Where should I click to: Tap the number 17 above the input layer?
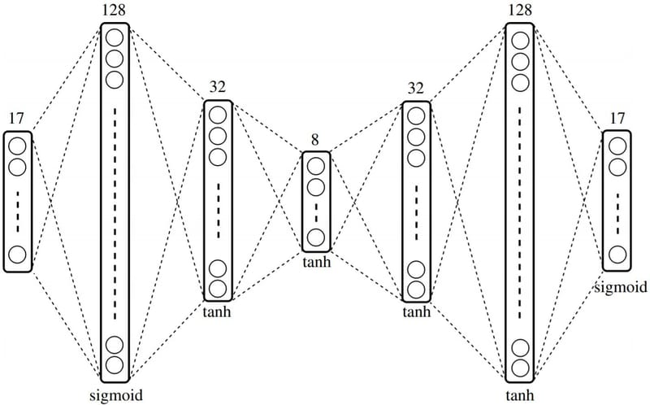pos(16,119)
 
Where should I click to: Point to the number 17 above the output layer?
pos(617,119)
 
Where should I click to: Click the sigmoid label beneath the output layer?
pos(621,286)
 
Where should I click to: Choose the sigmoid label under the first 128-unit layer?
pos(114,394)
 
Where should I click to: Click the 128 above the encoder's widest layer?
pos(115,11)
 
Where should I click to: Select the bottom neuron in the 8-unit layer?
pos(316,237)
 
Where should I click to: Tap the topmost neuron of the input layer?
pos(17,146)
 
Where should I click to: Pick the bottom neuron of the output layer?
pos(617,255)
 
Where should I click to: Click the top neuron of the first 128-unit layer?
pos(115,37)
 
